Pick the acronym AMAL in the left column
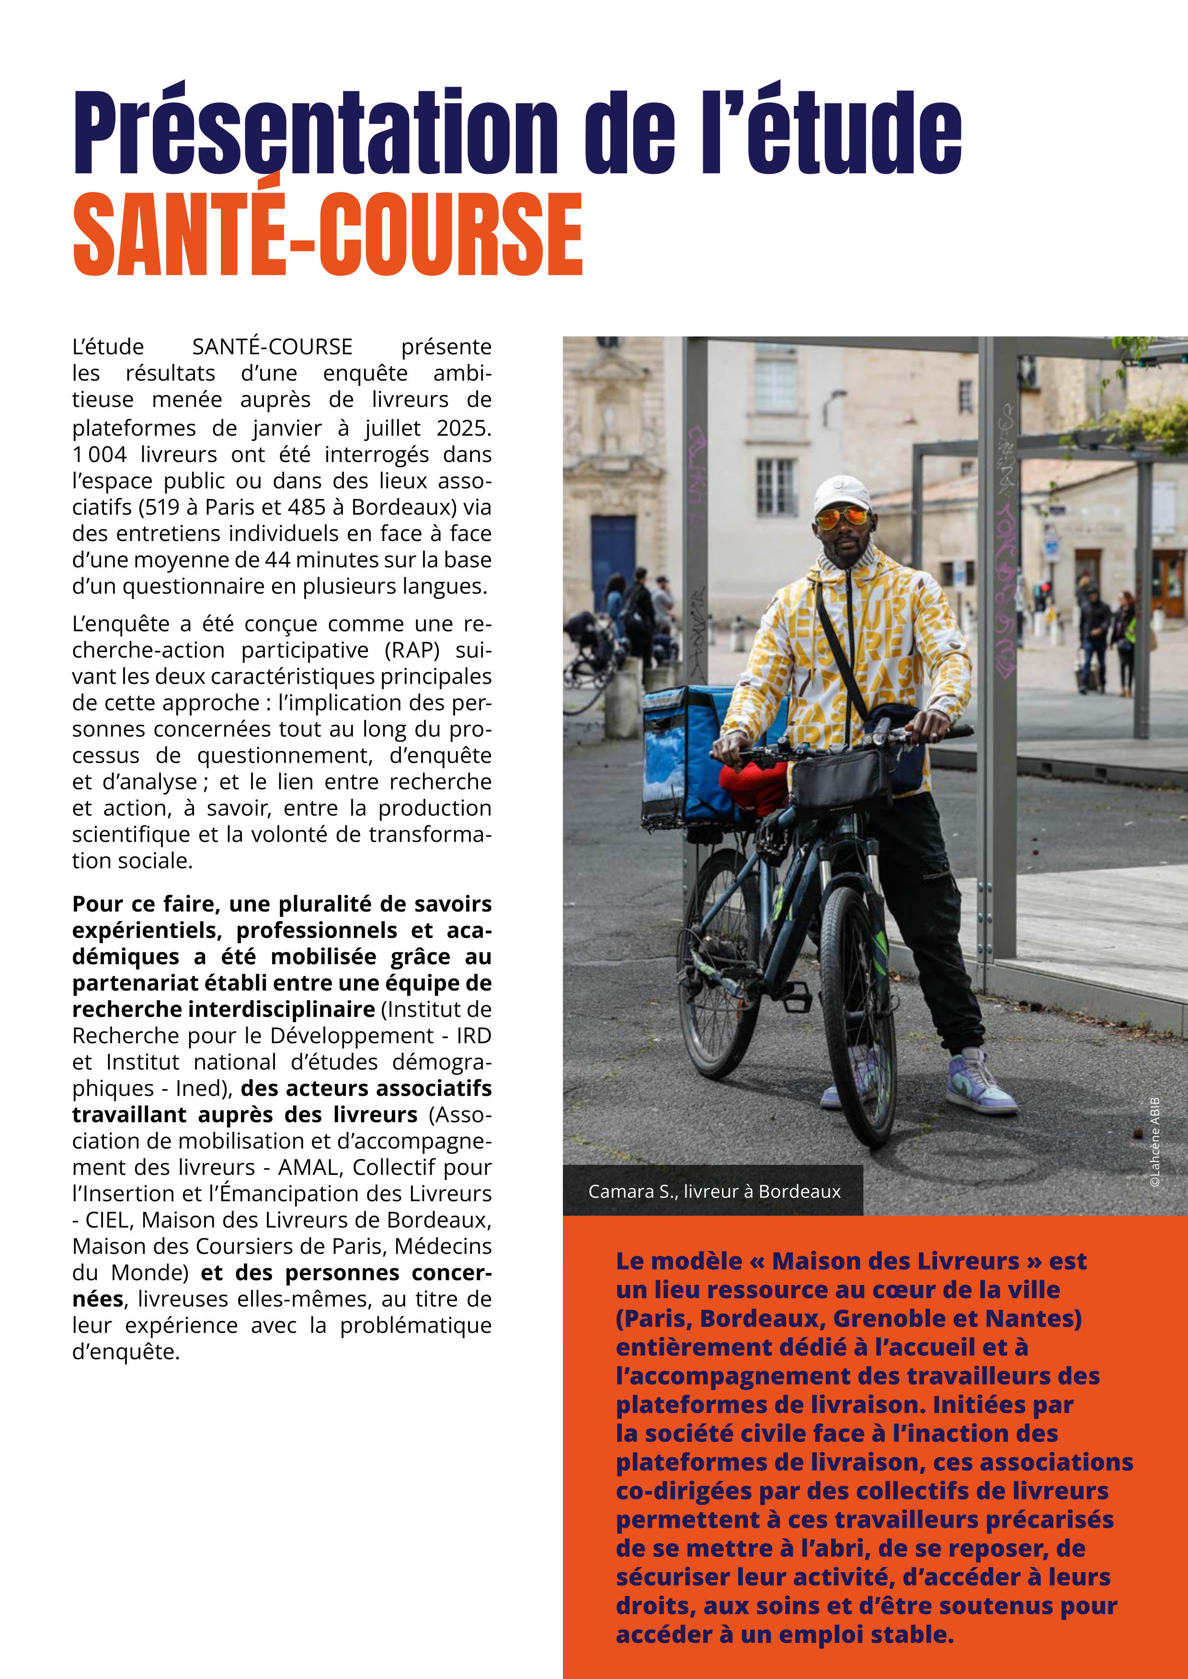[x=307, y=1167]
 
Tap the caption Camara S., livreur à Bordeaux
[x=714, y=1191]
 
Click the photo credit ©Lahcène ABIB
[x=1155, y=1141]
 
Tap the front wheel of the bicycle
[x=857, y=1016]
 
